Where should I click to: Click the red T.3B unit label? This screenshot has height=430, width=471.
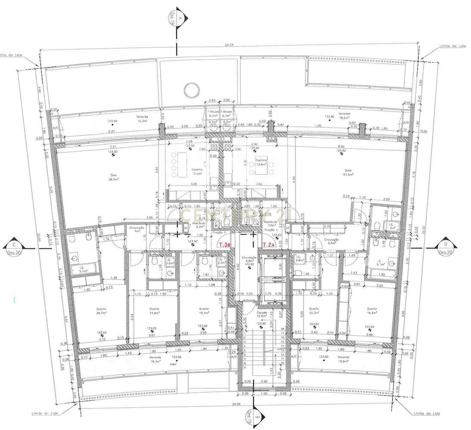(225, 245)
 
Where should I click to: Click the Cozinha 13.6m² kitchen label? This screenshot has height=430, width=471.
(261, 162)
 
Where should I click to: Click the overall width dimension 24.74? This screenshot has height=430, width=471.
(229, 45)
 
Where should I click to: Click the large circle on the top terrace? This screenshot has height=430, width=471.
(190, 90)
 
